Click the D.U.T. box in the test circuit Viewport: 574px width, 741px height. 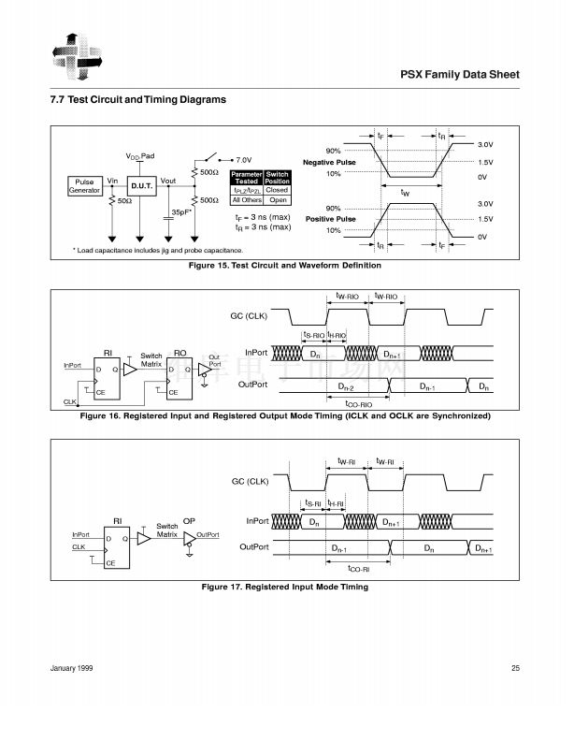point(141,186)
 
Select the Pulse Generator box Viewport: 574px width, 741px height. point(84,186)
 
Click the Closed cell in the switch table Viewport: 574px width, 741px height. point(277,189)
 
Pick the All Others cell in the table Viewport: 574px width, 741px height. point(247,199)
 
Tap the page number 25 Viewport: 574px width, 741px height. point(515,667)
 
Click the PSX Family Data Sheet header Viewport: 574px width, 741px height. point(459,74)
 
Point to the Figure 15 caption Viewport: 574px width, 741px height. point(285,266)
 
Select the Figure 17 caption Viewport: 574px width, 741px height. point(285,587)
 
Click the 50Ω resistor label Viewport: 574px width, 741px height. point(122,201)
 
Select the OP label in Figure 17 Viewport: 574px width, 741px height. point(190,519)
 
